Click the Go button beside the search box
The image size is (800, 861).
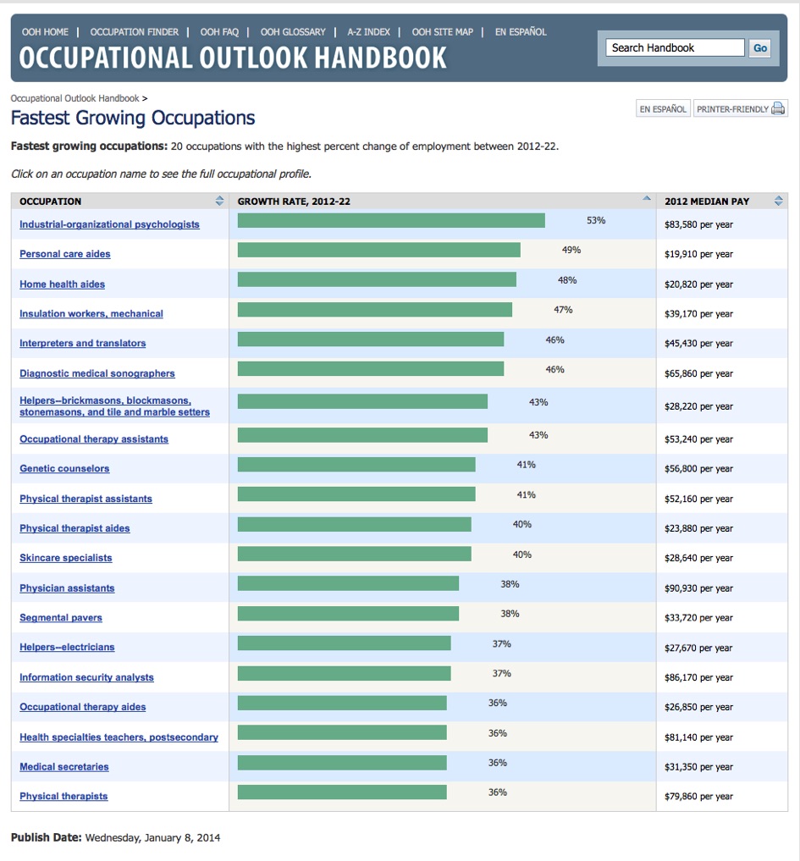coord(760,48)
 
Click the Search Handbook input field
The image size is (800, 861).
coord(676,48)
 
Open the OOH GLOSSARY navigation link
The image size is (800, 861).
coord(293,32)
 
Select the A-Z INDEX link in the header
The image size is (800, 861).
coord(369,32)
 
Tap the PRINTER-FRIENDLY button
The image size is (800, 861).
coord(740,109)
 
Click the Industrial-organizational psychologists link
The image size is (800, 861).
coord(110,224)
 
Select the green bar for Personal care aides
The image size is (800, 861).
coord(378,250)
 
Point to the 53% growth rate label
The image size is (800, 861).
coord(596,220)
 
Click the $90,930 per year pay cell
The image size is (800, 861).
coord(698,588)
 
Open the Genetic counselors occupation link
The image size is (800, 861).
coord(64,469)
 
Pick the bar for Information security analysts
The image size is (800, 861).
coord(344,674)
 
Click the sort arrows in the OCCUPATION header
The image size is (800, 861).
coord(220,201)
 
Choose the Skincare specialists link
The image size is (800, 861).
coord(66,558)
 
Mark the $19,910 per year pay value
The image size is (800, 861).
coord(698,254)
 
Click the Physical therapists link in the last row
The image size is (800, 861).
coord(63,797)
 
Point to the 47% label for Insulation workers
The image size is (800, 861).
coord(563,310)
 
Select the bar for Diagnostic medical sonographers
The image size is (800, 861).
coord(370,369)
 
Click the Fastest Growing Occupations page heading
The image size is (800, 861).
coord(133,118)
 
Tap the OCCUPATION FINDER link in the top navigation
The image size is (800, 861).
coord(135,32)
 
